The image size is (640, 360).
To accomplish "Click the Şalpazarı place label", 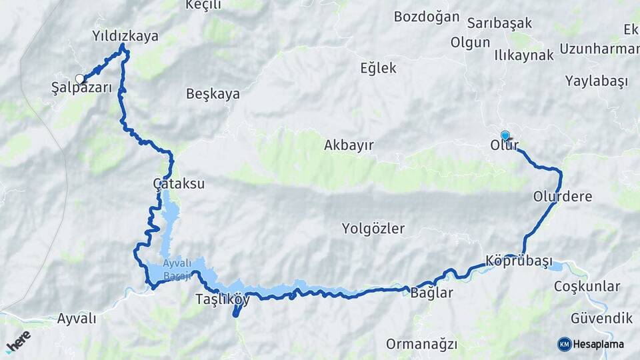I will coord(81,87).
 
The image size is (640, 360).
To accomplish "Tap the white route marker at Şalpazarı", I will coord(80,79).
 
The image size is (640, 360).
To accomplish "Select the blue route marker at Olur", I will coord(505,135).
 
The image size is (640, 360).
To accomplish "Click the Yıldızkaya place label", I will coord(125,36).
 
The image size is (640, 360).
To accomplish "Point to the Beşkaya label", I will coord(213,94).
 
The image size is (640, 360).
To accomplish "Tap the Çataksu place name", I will coord(179,183).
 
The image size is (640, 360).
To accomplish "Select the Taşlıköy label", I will coord(223,299).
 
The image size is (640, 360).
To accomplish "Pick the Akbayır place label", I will coord(349,145).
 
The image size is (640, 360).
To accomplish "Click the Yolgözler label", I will coord(373,229).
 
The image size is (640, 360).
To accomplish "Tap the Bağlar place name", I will coord(431,293).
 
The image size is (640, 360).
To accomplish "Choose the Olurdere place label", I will coord(563,196).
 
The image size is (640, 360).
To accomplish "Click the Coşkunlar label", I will coord(587,286).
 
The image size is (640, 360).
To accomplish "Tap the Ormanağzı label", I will coord(421,344).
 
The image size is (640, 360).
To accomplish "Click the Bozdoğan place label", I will coord(427,17).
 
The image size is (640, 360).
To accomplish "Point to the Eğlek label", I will coord(378,68).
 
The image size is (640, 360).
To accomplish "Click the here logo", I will coord(18,341).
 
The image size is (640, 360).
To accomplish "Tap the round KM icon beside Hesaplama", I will coord(565,344).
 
